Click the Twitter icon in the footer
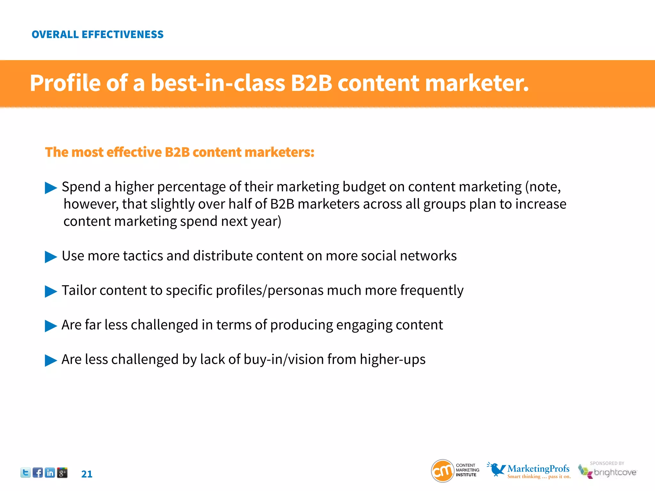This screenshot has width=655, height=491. [x=26, y=472]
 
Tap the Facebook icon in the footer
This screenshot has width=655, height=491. [x=38, y=472]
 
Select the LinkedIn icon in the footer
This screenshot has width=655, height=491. [x=50, y=472]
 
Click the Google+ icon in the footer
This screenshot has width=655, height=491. [x=62, y=472]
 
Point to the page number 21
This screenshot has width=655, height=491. [x=87, y=474]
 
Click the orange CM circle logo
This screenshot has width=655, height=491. [x=443, y=471]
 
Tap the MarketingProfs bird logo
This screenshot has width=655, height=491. [x=496, y=469]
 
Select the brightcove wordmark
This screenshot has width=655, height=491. [x=615, y=472]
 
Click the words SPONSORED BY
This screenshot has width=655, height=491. [x=607, y=463]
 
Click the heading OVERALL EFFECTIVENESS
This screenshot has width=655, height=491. [x=98, y=34]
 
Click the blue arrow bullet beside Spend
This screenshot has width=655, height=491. [x=51, y=188]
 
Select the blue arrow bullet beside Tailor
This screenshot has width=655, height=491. [x=51, y=291]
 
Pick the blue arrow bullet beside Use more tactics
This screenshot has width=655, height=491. [x=51, y=257]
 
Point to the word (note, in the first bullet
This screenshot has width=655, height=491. [x=543, y=187]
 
